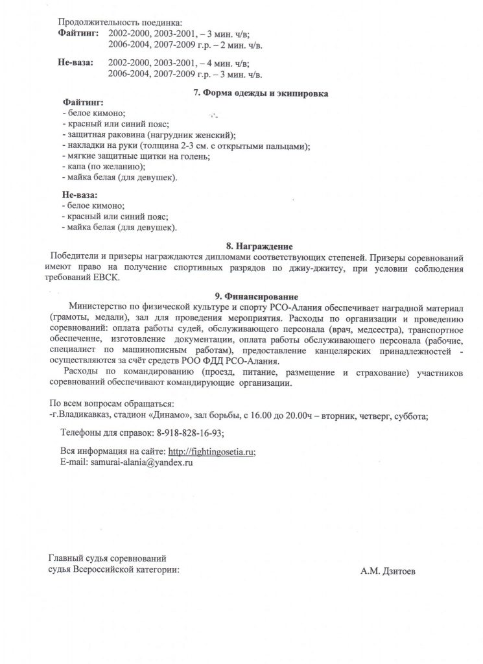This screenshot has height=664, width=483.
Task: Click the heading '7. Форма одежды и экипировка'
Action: tap(261, 93)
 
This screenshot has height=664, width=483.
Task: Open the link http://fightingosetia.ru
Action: tap(211, 452)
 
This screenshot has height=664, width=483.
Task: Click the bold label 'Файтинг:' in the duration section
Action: tap(78, 32)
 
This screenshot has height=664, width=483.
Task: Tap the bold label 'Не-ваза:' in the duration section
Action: tap(76, 63)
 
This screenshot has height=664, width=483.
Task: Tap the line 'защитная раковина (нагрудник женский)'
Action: tap(150, 135)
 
